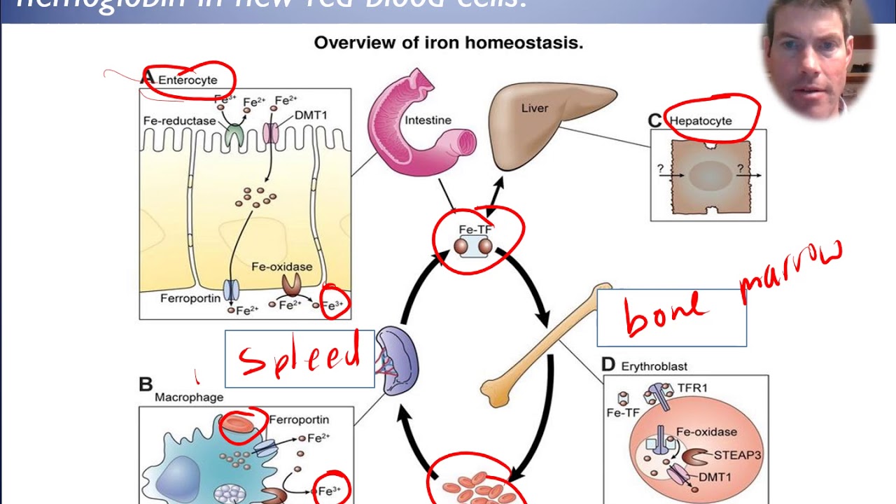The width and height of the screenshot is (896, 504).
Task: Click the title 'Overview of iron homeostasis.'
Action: (x=448, y=43)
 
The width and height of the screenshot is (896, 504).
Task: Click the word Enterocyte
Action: (x=188, y=80)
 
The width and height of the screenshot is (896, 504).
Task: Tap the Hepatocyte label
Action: (x=701, y=120)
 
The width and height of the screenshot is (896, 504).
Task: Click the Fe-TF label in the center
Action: (x=475, y=229)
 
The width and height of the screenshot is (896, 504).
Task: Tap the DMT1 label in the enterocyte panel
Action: (x=310, y=115)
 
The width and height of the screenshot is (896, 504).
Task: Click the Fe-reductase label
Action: (x=179, y=120)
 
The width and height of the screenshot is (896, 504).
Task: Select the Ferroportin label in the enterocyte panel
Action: (x=190, y=298)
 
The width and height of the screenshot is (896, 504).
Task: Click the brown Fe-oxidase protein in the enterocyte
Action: (x=291, y=283)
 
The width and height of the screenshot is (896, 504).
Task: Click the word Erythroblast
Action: (x=654, y=366)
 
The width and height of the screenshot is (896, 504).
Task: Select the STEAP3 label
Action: (x=737, y=455)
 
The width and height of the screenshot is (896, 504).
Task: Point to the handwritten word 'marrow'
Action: (x=791, y=269)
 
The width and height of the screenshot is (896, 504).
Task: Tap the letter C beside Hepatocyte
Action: (x=654, y=121)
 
